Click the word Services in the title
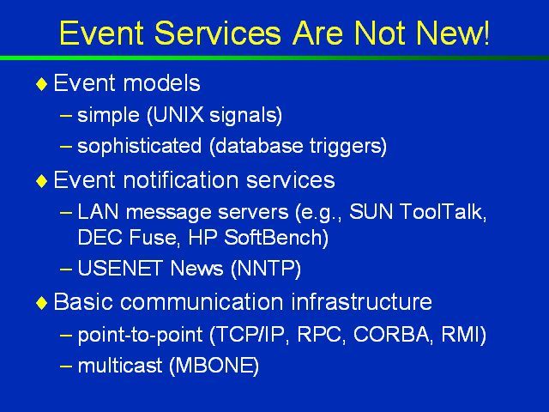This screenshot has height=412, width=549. click(217, 33)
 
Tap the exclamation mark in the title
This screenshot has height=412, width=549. click(486, 33)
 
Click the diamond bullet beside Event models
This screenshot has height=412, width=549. click(42, 84)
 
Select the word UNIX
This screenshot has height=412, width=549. click(178, 114)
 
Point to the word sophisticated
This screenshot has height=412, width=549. click(139, 146)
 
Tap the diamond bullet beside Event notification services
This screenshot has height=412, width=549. click(42, 181)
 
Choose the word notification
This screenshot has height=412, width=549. click(181, 180)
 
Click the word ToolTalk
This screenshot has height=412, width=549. click(440, 212)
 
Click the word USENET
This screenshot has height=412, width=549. click(121, 268)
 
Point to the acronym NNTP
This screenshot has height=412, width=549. click(266, 269)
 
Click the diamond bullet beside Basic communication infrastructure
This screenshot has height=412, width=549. click(42, 303)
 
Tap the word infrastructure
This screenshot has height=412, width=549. click(361, 301)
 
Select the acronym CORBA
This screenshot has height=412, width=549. click(391, 334)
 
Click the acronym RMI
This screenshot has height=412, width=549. click(461, 334)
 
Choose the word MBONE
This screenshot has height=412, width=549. click(214, 366)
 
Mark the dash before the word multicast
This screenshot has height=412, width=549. click(66, 367)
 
